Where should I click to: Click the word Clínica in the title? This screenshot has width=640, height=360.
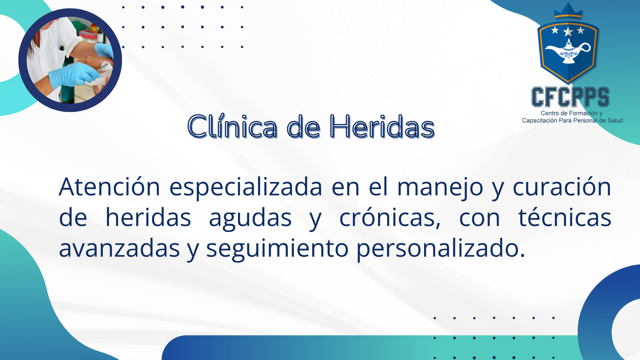[232, 126]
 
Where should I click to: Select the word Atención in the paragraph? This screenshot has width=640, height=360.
[109, 187]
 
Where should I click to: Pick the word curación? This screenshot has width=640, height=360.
[562, 187]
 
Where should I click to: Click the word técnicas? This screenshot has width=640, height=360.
[565, 217]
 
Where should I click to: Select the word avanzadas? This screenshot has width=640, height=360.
[119, 248]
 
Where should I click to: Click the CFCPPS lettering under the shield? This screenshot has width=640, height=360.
[570, 97]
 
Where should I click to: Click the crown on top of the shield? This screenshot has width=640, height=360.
[568, 11]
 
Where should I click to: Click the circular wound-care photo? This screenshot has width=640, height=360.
[70, 60]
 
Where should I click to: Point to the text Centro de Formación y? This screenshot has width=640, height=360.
[572, 113]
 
